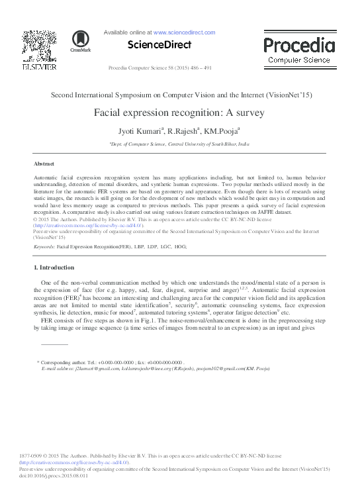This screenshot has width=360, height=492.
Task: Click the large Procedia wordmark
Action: click(x=298, y=45)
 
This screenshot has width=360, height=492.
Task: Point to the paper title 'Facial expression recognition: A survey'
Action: click(x=179, y=113)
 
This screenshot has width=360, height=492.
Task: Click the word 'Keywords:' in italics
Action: click(x=44, y=246)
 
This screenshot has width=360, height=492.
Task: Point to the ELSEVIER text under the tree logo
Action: click(x=39, y=66)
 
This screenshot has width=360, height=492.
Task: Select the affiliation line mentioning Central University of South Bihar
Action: click(x=179, y=143)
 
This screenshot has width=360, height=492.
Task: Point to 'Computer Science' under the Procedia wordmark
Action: click(x=298, y=60)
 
